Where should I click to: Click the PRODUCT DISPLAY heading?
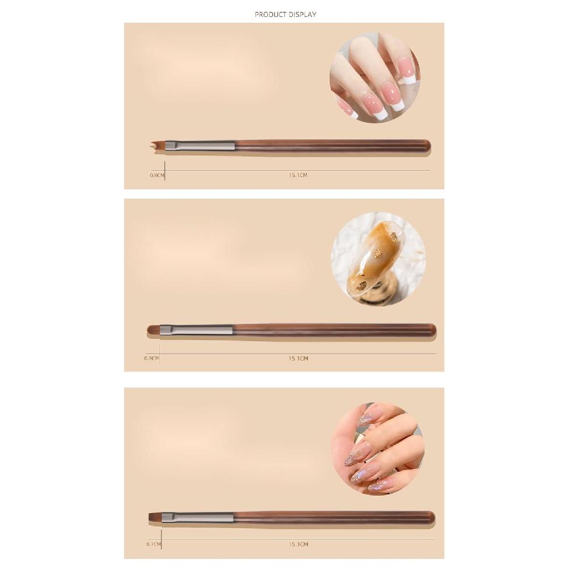coord(285,15)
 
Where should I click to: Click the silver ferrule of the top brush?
coord(200,146)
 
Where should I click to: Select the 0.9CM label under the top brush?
coord(157,175)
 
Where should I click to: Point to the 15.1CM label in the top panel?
coord(298,175)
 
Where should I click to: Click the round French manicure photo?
coord(374,77)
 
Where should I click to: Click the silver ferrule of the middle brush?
coord(196,330)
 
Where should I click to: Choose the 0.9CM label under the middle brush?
coord(151,359)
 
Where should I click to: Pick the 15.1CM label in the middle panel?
coord(298,359)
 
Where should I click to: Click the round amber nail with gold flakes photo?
coord(378,259)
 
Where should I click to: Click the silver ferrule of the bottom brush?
coord(197,517)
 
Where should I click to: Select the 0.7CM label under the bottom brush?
coord(153,545)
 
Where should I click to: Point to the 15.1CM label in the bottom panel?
coord(298,545)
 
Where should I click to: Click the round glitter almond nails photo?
coord(377,448)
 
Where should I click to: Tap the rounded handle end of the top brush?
coord(426,146)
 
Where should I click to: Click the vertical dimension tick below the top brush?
coord(165,172)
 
